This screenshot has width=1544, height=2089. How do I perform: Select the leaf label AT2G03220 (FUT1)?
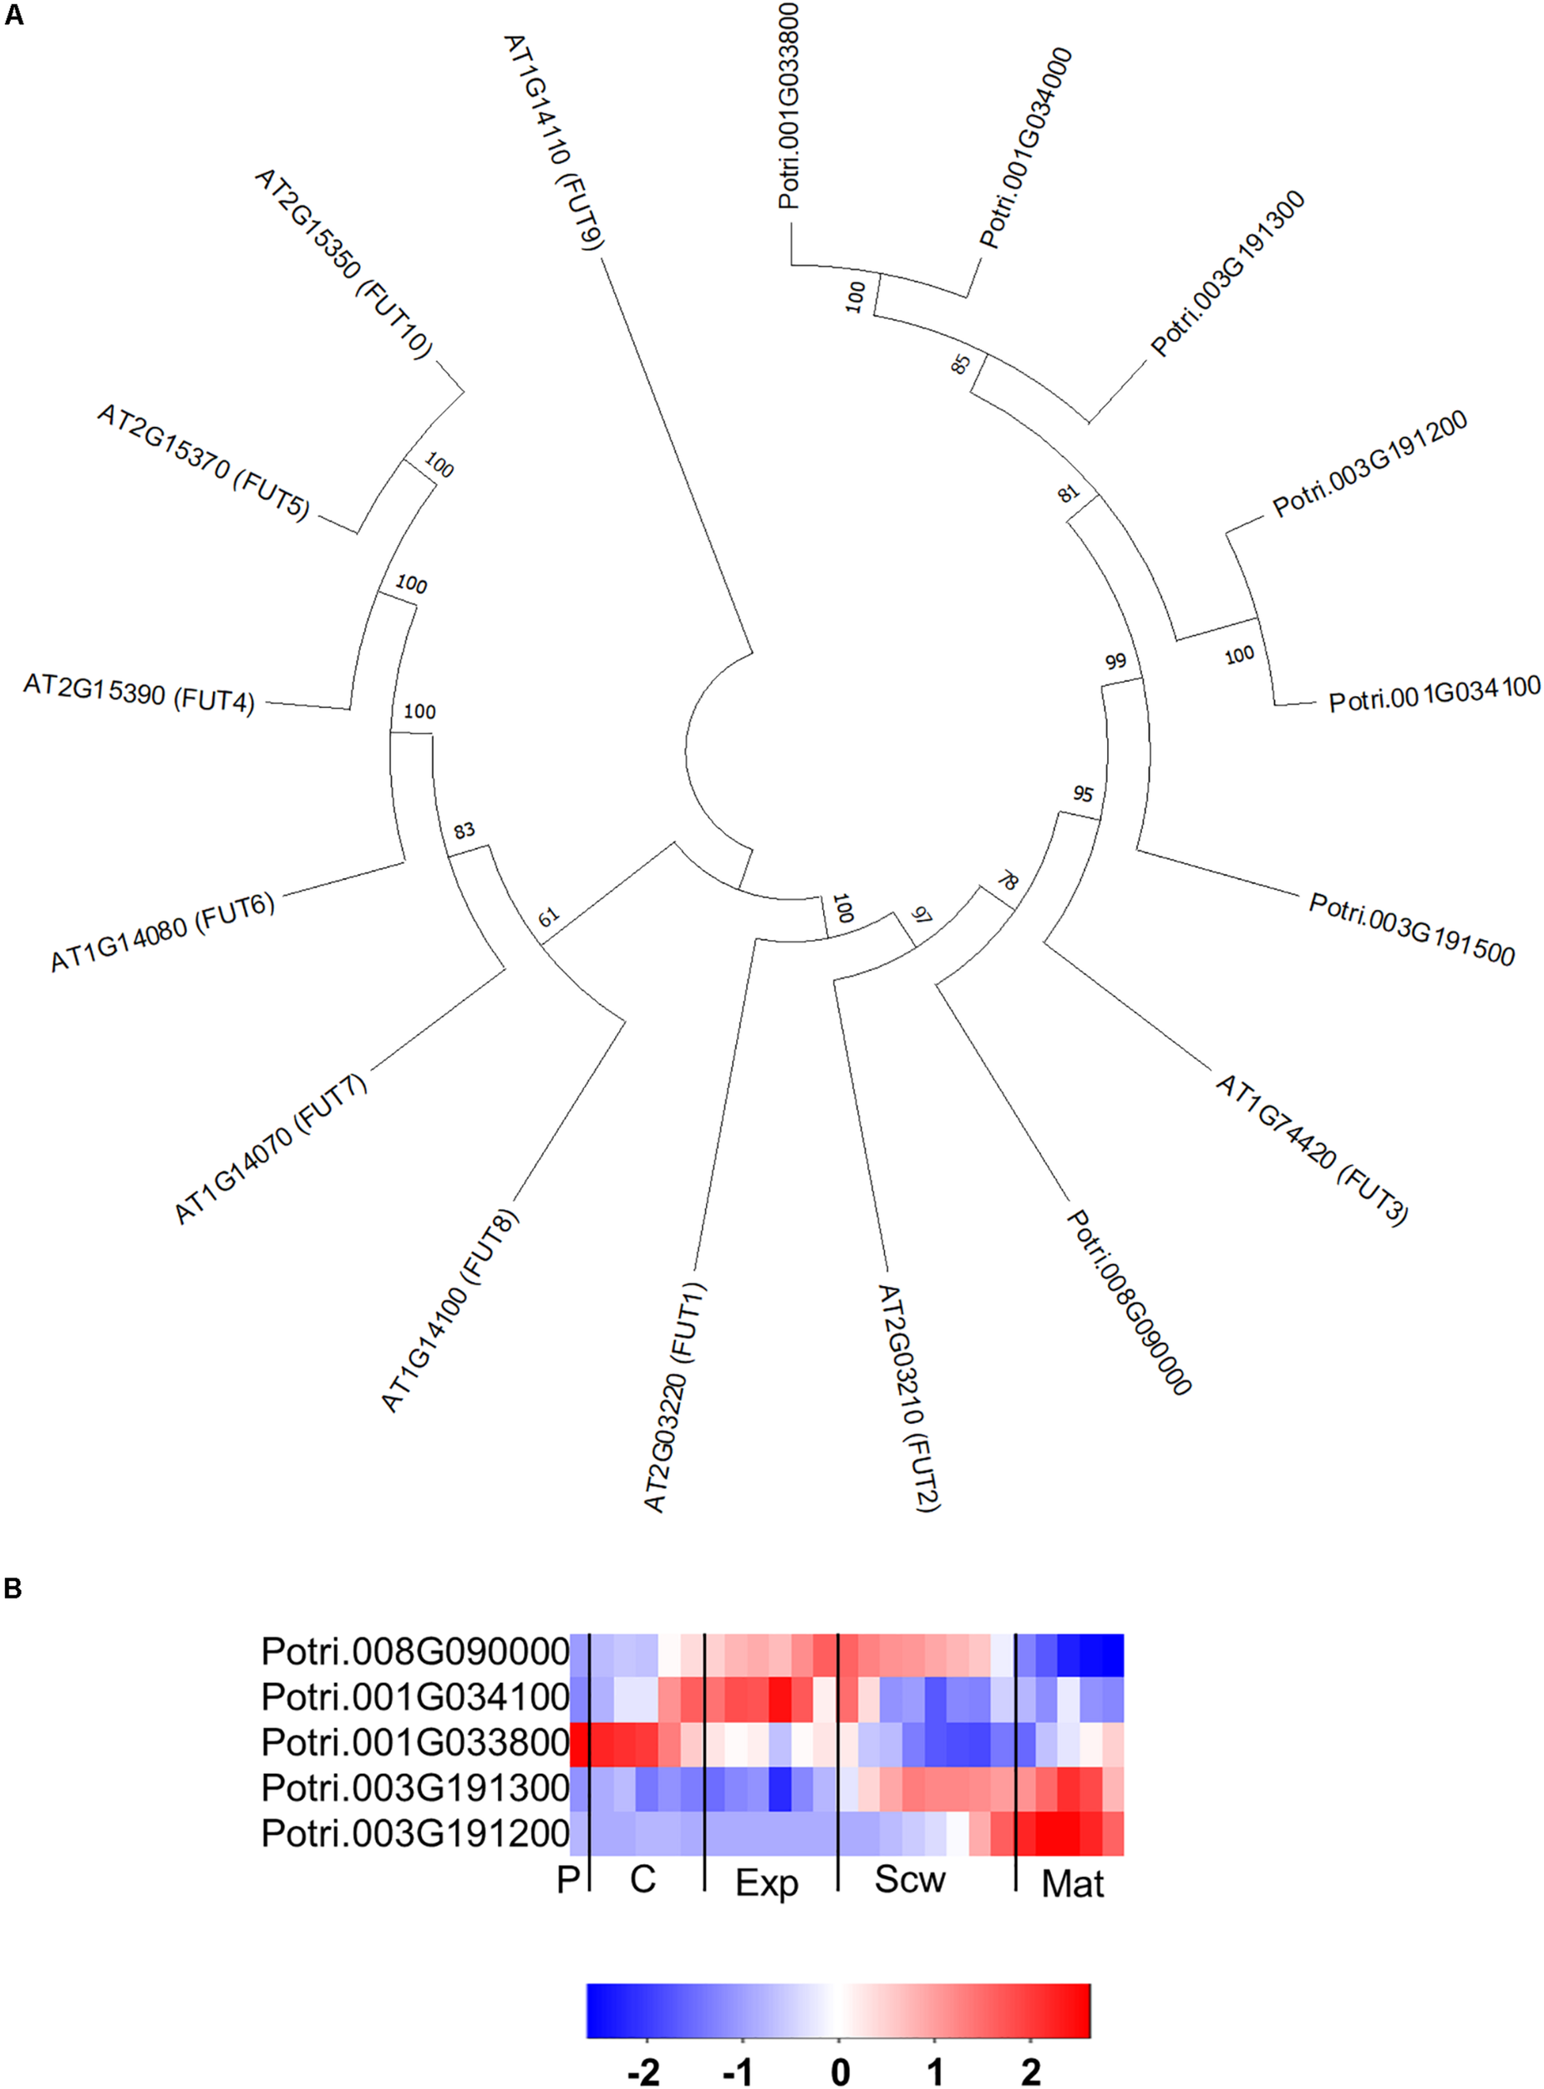click(675, 1398)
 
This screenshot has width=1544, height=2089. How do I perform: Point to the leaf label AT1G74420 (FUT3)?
click(1311, 1149)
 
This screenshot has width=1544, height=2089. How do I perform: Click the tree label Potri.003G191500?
click(1411, 928)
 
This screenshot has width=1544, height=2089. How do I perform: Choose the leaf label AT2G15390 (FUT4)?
click(139, 693)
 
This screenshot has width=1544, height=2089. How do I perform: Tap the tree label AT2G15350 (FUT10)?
click(343, 263)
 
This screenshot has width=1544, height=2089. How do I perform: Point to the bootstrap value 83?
click(464, 830)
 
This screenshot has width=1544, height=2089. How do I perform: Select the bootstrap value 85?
click(960, 364)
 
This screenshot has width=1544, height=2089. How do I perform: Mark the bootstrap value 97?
click(922, 915)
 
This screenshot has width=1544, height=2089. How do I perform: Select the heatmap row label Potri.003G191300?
click(415, 1787)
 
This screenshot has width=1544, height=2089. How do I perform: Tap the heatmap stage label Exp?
click(766, 1883)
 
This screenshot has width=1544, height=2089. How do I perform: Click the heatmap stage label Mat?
click(1072, 1883)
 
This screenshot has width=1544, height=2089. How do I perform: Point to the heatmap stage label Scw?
click(909, 1878)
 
